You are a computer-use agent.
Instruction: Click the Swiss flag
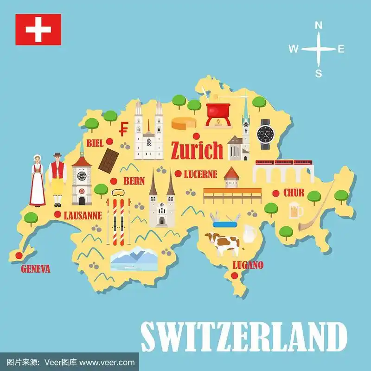click(x=38, y=29)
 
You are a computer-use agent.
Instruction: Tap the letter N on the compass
click(x=319, y=26)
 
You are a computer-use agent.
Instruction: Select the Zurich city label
click(x=197, y=150)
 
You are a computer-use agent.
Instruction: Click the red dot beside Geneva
click(x=19, y=255)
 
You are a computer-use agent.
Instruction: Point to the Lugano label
click(x=248, y=265)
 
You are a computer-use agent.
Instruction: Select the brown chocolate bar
click(x=109, y=159)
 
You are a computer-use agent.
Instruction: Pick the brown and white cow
click(x=224, y=243)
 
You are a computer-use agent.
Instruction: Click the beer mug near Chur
click(x=295, y=211)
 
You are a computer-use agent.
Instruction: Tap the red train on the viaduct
click(x=283, y=163)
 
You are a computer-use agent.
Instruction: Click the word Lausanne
click(x=83, y=216)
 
